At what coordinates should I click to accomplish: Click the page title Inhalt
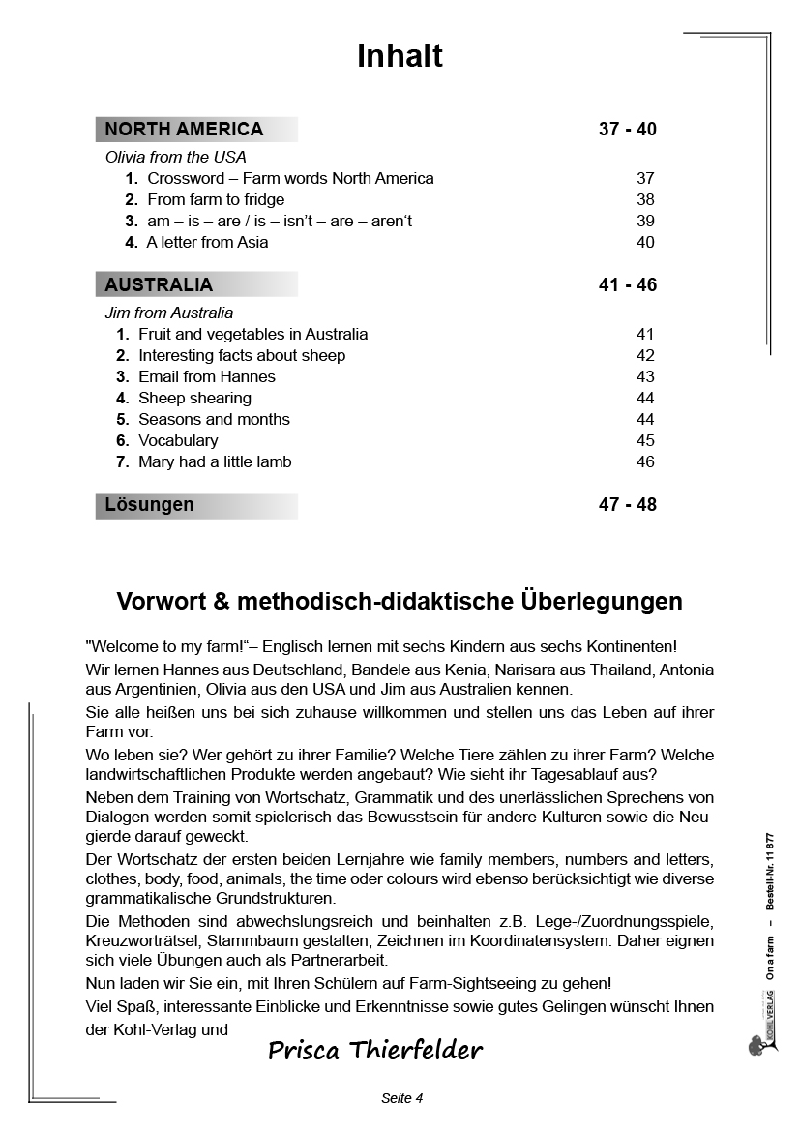400,56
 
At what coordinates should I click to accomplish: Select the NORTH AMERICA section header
184,130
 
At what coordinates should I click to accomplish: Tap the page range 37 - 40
627,130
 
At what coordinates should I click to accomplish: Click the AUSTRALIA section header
159,285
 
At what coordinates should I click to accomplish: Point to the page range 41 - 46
627,285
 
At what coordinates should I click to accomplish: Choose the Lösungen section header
149,505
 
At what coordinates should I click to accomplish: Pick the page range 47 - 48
627,505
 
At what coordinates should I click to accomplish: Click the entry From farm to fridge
216,199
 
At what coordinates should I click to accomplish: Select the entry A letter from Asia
207,242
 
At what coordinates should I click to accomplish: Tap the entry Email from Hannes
206,376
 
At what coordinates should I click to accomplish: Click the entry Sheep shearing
194,398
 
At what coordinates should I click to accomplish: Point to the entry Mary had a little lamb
215,461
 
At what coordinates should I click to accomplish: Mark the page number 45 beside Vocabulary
645,440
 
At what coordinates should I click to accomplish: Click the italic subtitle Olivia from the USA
175,157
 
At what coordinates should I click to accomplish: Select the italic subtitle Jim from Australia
168,313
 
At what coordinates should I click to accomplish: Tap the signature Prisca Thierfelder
374,1050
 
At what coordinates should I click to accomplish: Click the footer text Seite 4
402,1098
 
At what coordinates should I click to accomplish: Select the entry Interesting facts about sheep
242,355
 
